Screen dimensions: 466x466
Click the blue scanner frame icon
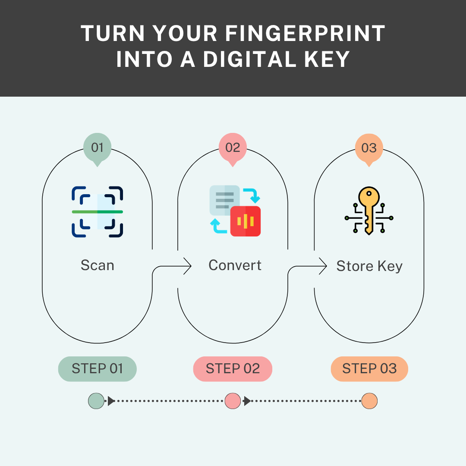pyautogui.click(x=98, y=211)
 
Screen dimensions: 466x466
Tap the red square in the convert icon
pyautogui.click(x=246, y=221)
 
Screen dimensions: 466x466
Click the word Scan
pyautogui.click(x=98, y=265)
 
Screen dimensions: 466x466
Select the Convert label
pyautogui.click(x=235, y=265)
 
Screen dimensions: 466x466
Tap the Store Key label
pyautogui.click(x=369, y=266)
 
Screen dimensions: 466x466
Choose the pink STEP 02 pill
pyautogui.click(x=233, y=369)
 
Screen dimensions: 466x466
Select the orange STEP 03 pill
pyautogui.click(x=369, y=369)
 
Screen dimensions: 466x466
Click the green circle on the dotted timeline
pyautogui.click(x=96, y=401)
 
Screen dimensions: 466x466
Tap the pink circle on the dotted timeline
pyautogui.click(x=233, y=401)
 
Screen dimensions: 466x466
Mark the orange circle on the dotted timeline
pyautogui.click(x=369, y=401)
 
